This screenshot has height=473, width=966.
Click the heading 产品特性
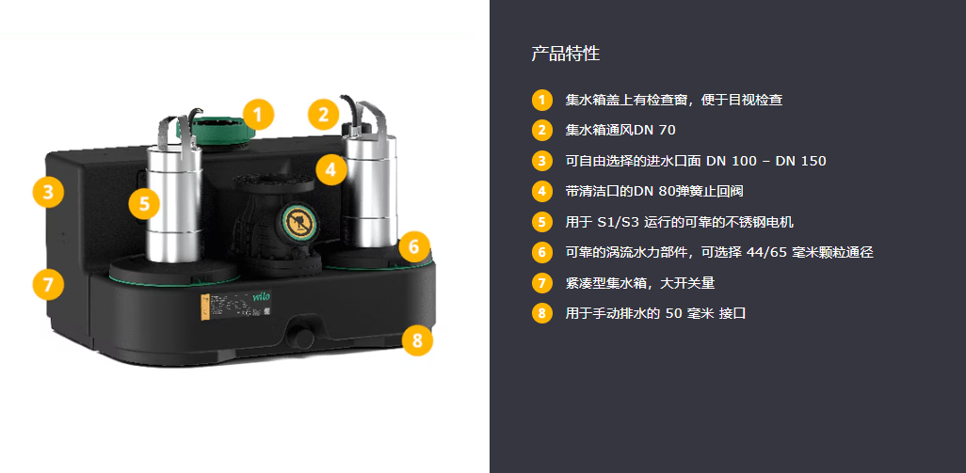coord(565,54)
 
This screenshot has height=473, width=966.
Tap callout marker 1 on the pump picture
coord(258,115)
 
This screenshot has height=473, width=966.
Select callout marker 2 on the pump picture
coord(324,114)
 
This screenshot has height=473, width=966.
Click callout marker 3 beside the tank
coord(48,192)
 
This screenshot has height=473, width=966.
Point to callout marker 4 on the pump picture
coord(331,168)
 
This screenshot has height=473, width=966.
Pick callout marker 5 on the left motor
coord(144,203)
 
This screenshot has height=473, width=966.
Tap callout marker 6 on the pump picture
coord(414,247)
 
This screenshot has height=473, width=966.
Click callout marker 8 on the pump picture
coord(418,339)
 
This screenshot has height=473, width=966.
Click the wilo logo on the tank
coord(262,296)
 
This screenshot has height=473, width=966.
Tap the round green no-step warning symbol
coord(298,221)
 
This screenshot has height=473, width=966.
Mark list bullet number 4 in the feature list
coord(541,191)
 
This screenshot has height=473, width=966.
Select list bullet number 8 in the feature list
coord(541,313)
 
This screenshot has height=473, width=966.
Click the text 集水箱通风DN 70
coord(620,131)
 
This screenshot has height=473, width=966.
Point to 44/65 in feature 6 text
coord(767,252)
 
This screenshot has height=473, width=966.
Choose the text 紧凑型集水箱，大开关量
coord(640,283)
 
